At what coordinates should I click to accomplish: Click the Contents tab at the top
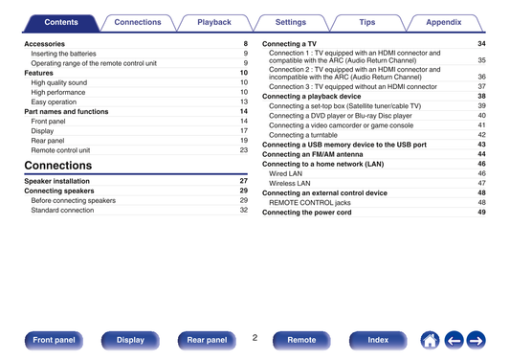tap(61, 22)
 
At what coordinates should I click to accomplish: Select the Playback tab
tap(214, 22)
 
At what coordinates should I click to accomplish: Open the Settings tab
tap(291, 22)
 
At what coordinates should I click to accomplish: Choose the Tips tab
tap(367, 22)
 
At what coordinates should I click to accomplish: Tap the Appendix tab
tap(444, 22)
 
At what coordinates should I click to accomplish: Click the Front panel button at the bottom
tap(54, 340)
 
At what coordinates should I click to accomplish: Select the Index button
tap(378, 340)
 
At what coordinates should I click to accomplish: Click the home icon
tap(430, 341)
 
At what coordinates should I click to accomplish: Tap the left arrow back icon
tap(454, 341)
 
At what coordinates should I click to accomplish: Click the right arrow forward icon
tap(477, 341)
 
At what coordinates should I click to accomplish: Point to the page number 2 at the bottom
tap(255, 338)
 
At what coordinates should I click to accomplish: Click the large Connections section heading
tap(58, 166)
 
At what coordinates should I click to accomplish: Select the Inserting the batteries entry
tap(63, 54)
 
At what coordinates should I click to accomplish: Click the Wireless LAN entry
tap(290, 183)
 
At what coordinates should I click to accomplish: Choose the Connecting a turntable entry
tap(303, 135)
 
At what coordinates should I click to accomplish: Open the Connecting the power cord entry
tap(307, 213)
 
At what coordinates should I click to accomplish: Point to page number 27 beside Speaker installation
tap(244, 181)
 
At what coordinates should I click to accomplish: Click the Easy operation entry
tap(54, 101)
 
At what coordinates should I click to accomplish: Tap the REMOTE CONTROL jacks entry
tap(310, 203)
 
